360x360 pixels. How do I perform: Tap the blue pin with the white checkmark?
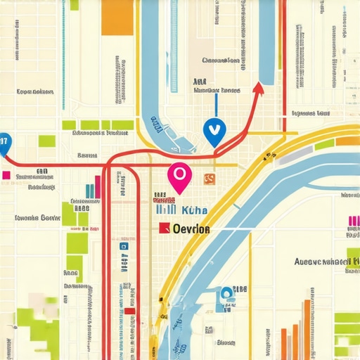214,131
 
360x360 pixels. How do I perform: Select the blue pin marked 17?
4,143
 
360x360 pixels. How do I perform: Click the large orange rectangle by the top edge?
117,18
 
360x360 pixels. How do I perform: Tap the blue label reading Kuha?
194,210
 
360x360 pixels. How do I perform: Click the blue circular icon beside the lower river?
226,294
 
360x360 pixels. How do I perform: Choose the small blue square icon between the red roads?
124,247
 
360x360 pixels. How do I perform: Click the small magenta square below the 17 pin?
6,175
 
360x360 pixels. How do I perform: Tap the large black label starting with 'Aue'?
322,262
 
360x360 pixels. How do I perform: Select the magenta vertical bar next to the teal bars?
98,187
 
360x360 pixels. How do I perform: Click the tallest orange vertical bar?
307,330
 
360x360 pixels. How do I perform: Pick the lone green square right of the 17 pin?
46,141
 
